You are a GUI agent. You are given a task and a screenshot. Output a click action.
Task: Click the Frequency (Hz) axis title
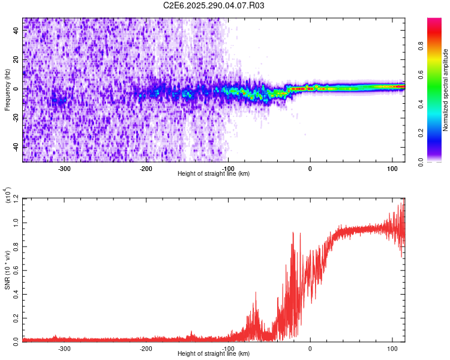coord(7,90)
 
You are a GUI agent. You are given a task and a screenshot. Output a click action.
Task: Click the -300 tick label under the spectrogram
coord(64,169)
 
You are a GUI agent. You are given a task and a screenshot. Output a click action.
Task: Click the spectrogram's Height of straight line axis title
coord(214,174)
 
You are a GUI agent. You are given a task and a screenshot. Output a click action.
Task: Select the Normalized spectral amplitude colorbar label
coord(446,90)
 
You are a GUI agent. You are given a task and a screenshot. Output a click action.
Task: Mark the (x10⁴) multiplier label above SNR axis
coord(8,196)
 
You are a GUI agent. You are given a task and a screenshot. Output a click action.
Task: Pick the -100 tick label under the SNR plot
coord(228,348)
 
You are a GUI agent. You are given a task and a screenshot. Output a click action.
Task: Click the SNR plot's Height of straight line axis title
coord(214,354)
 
